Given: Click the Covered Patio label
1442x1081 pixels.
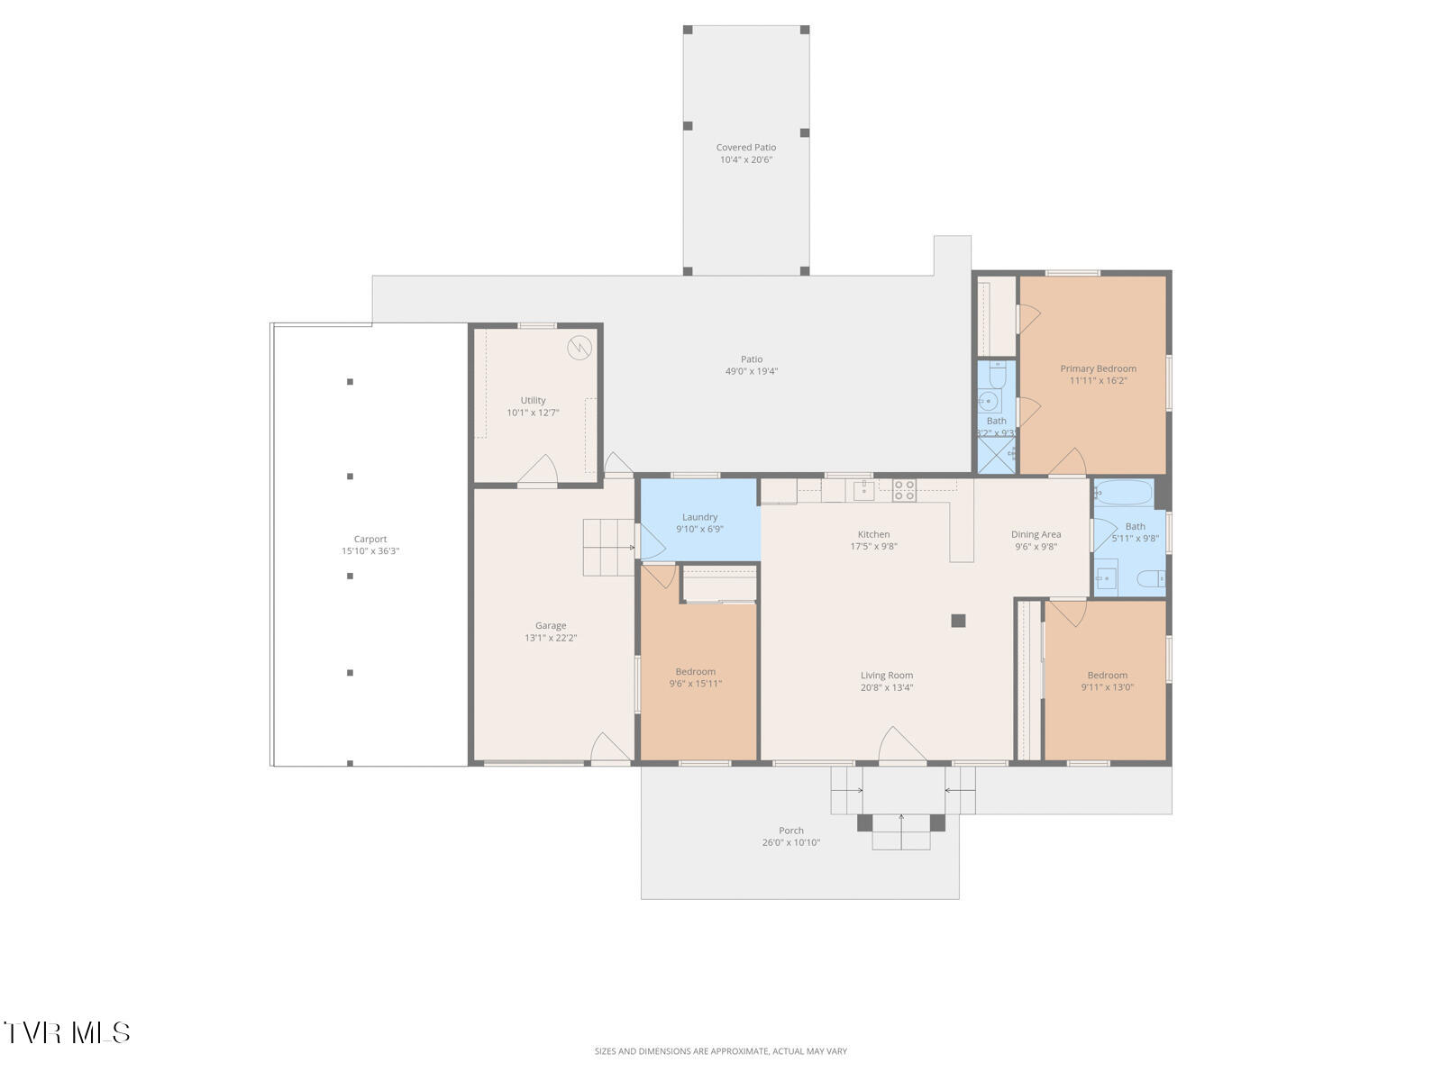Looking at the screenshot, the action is [745, 148].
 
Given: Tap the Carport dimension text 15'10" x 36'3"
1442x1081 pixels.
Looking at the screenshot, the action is [370, 550].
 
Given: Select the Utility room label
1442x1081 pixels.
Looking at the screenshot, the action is [533, 400].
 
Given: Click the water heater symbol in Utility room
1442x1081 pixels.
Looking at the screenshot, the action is [580, 347].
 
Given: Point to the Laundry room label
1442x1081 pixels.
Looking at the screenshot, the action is [699, 517].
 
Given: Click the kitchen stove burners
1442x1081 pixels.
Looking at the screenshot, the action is [904, 490].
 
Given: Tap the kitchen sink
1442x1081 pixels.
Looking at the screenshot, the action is [863, 490].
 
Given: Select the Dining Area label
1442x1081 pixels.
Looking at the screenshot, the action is [1036, 534].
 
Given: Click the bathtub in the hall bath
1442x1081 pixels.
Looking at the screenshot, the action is [1124, 492].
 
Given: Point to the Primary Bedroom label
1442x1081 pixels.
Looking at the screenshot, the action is [1098, 368].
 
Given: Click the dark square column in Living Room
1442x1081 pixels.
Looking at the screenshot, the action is [958, 621].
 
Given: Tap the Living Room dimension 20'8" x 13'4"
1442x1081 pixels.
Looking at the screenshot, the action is [886, 687].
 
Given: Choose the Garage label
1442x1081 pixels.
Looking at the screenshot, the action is [551, 625].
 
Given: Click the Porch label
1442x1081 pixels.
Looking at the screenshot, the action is [791, 831].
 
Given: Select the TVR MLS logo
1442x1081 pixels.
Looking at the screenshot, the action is [67, 1032].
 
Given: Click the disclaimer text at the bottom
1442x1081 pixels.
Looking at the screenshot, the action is [721, 1050].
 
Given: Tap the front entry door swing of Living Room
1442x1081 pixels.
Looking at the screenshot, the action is [902, 745].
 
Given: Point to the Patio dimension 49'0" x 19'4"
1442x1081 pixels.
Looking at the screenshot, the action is [751, 371].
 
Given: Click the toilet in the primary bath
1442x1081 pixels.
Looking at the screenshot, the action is [998, 374].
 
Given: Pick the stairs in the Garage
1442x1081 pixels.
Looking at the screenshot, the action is [608, 548].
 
